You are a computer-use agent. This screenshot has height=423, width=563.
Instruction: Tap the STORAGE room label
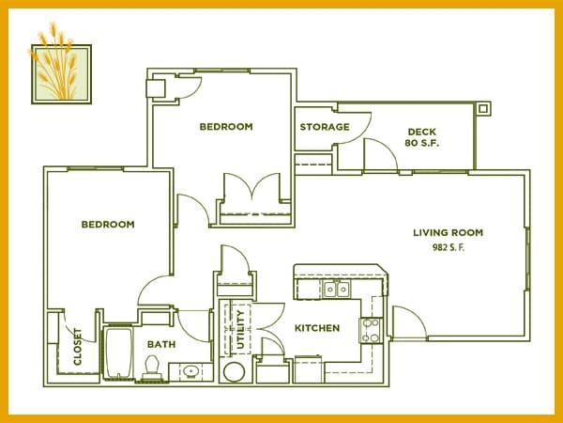(x=325, y=127)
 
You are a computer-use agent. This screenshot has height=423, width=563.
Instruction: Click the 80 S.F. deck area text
(x=422, y=143)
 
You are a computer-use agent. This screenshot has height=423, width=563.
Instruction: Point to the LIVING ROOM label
(x=449, y=233)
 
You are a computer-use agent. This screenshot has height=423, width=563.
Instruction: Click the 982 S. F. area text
(x=449, y=247)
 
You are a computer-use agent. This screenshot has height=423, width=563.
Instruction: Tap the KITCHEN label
(x=317, y=328)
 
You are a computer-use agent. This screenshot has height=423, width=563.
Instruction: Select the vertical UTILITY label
(x=240, y=330)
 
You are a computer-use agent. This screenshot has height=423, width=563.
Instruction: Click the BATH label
(x=161, y=345)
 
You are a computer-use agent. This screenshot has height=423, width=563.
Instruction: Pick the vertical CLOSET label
(x=78, y=347)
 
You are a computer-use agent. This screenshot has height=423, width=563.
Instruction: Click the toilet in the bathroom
(x=151, y=367)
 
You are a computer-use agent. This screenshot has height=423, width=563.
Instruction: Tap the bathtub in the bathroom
(x=118, y=352)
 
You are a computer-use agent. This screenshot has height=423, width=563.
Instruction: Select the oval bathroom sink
(x=190, y=371)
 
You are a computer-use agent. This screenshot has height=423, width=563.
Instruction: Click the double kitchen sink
(x=337, y=289)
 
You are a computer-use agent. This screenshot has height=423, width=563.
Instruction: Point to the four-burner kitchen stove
(x=371, y=330)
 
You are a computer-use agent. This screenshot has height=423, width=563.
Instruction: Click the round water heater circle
(x=234, y=372)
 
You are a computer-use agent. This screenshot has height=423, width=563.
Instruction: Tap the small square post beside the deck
(x=483, y=108)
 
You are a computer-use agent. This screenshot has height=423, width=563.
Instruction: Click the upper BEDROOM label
(x=226, y=127)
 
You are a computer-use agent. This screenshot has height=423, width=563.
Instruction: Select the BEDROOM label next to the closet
(x=108, y=225)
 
